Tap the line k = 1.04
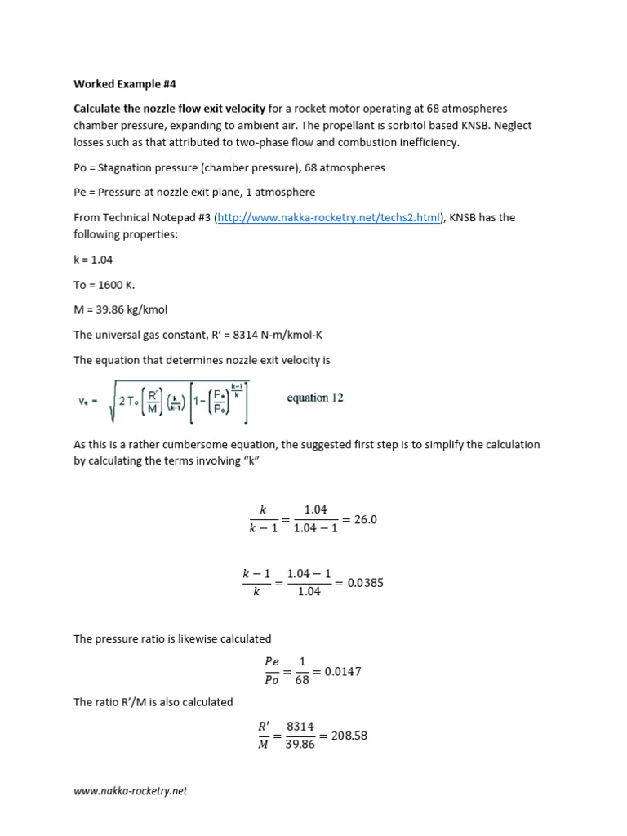pos(93,259)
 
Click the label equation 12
pos(315,398)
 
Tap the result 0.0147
pos(343,671)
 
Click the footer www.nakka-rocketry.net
pos(131,791)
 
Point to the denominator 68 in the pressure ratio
pos(302,680)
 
